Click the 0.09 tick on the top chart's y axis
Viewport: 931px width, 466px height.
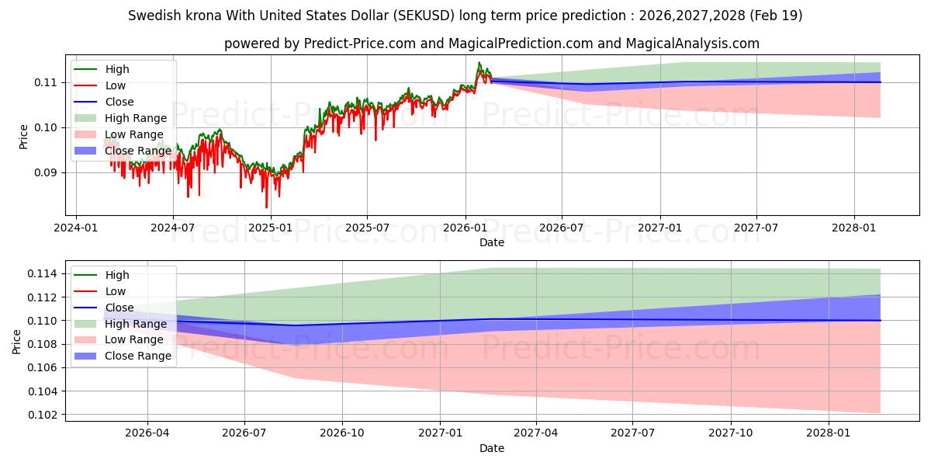[45, 172]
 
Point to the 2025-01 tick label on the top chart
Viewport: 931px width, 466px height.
[271, 228]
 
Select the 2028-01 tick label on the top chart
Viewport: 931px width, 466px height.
[854, 228]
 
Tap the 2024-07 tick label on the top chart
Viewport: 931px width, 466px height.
[173, 228]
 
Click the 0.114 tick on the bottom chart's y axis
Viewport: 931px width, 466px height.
[42, 273]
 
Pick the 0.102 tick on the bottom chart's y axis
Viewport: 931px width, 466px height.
[42, 415]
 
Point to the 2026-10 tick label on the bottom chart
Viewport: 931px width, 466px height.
[342, 433]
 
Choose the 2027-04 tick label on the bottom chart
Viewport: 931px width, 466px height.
[536, 433]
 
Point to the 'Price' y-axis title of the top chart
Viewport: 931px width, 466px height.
[23, 137]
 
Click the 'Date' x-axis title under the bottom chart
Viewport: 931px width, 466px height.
[492, 448]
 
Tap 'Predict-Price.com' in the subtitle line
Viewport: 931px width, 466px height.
[360, 43]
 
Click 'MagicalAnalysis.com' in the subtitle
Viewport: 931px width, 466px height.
[692, 43]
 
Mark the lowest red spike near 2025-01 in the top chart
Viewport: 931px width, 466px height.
[266, 207]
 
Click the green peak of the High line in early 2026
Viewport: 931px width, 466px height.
[479, 63]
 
